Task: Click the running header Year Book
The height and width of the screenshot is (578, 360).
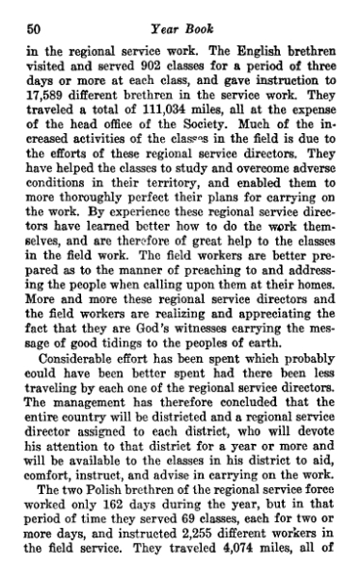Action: click(179, 13)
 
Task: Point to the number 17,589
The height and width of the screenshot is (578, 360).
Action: click(54, 87)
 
